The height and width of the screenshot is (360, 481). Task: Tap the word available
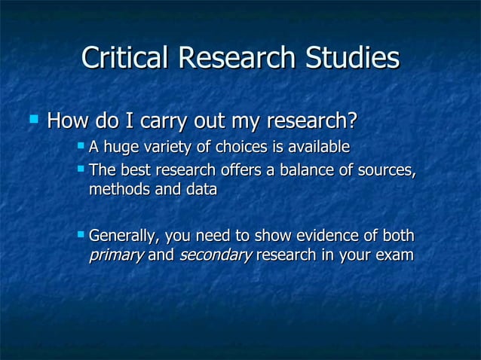pyautogui.click(x=317, y=145)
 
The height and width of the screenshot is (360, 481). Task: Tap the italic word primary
pyautogui.click(x=116, y=255)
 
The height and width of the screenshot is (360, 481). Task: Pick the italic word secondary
pyautogui.click(x=215, y=255)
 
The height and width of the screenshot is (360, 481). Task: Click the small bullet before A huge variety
pyautogui.click(x=81, y=144)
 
